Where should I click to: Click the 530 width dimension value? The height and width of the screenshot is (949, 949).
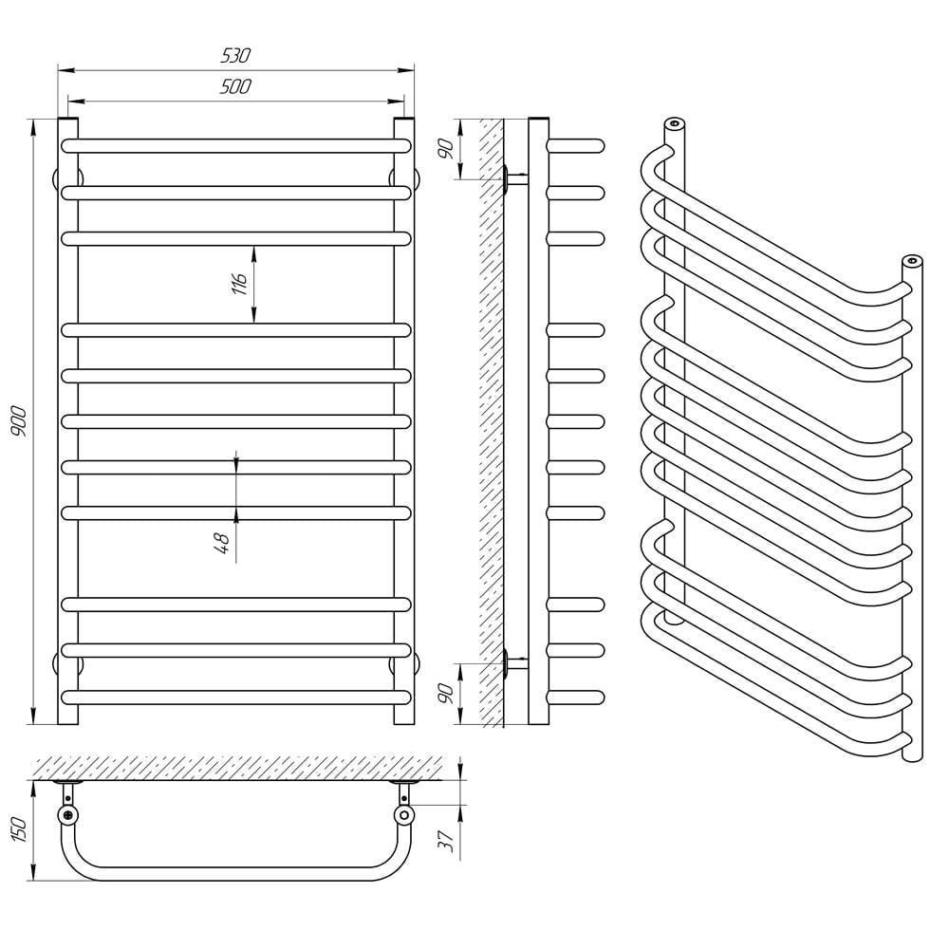(236, 56)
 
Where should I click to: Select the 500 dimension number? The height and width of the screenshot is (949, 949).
(236, 86)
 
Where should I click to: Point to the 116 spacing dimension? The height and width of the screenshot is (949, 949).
(240, 283)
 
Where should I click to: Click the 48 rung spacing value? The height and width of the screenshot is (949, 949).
(224, 543)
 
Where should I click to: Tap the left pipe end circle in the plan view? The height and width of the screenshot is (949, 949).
(67, 815)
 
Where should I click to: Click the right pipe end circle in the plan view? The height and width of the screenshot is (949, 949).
(405, 815)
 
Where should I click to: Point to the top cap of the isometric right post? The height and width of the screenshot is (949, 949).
(911, 260)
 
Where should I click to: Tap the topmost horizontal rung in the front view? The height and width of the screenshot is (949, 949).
(236, 146)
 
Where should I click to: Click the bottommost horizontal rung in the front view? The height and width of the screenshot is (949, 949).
(236, 697)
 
